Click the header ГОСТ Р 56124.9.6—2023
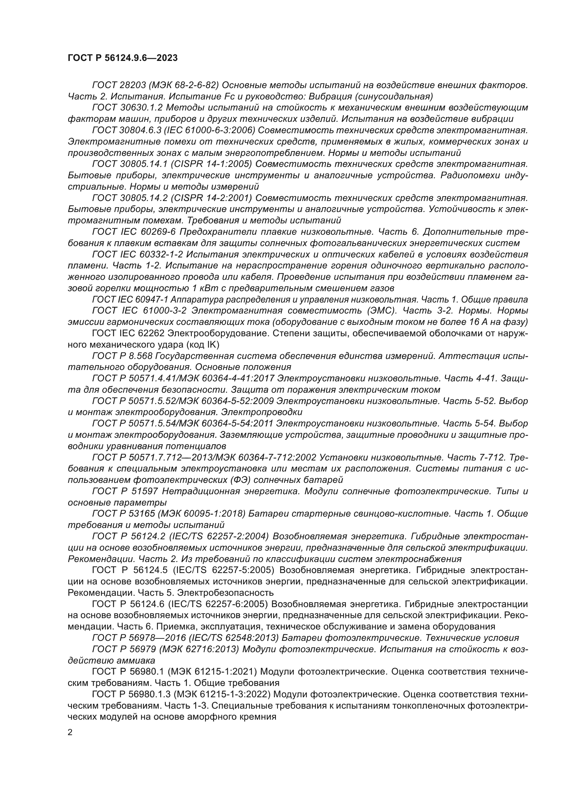tap(122, 58)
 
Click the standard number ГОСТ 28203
tap(115, 85)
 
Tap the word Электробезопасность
tap(225, 593)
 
